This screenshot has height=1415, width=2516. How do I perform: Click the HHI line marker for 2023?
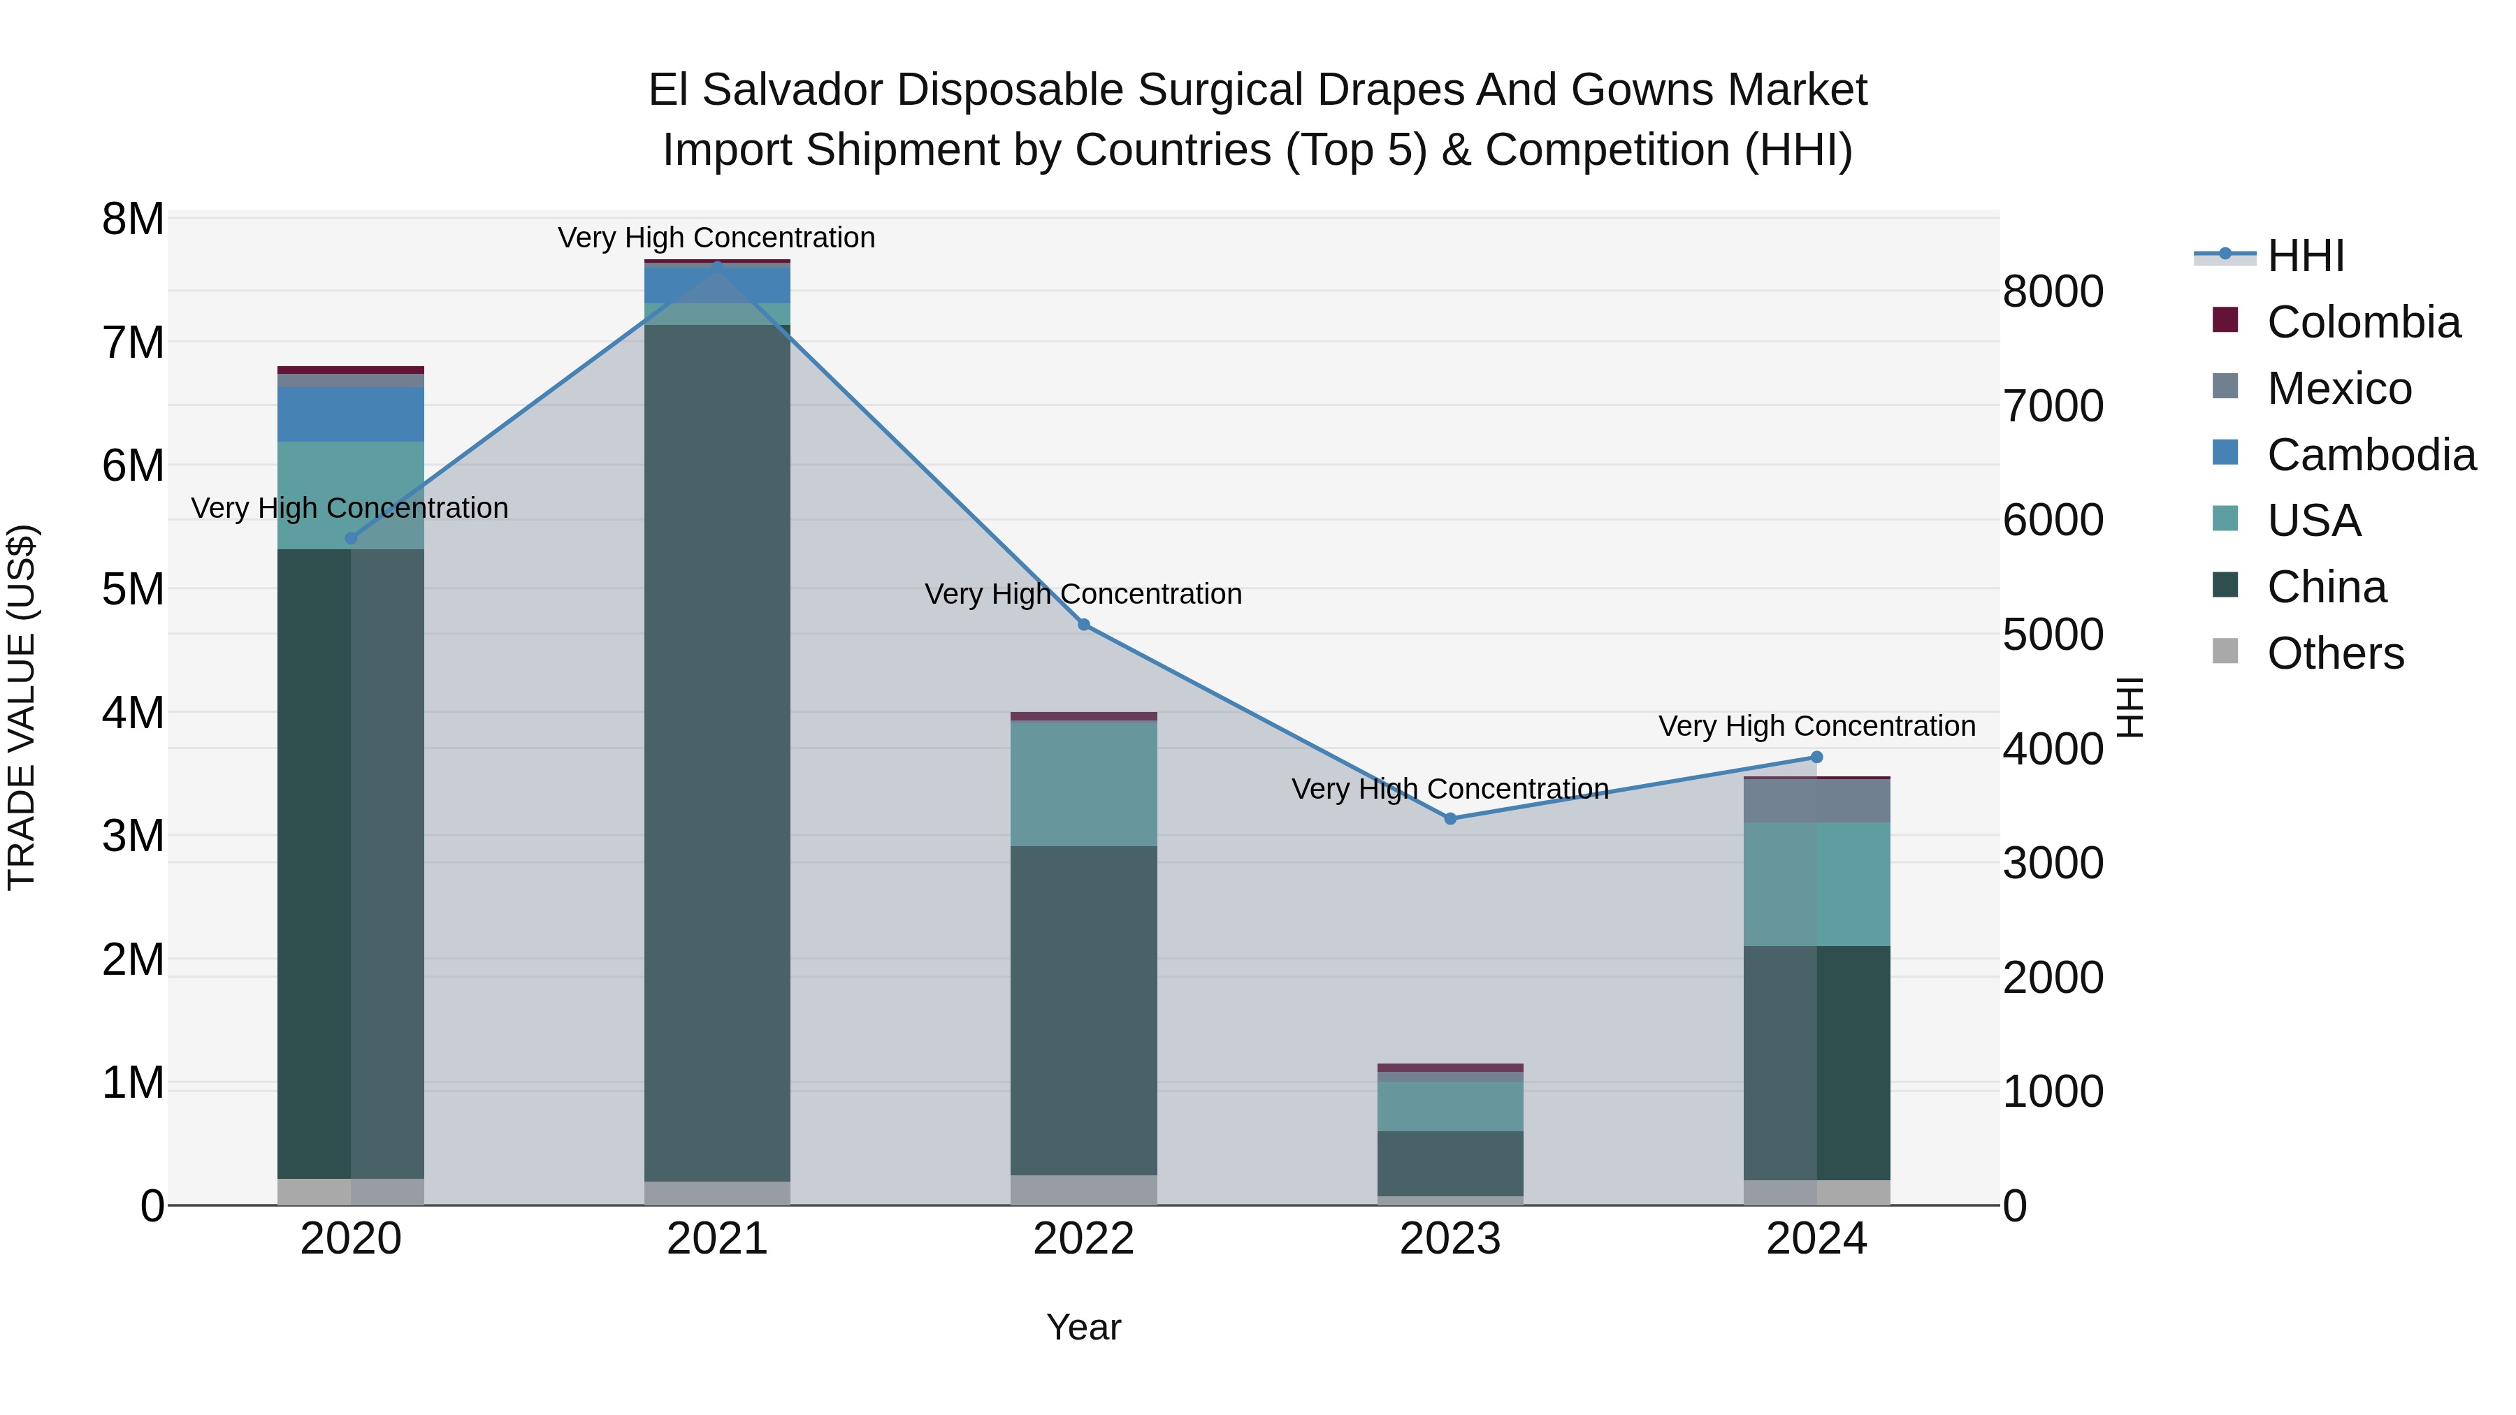pyautogui.click(x=1449, y=818)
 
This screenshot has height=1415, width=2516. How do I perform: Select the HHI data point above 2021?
pyautogui.click(x=717, y=263)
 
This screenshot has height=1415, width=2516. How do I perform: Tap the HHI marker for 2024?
pyautogui.click(x=1816, y=757)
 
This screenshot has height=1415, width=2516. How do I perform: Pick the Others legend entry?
pyautogui.click(x=2334, y=653)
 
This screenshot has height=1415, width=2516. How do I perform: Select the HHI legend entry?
pyautogui.click(x=2305, y=256)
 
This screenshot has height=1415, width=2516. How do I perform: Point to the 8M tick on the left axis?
pyautogui.click(x=133, y=219)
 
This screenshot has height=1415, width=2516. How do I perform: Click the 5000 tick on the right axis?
pyautogui.click(x=2052, y=634)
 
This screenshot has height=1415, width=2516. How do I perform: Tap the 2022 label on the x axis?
pyautogui.click(x=1083, y=1239)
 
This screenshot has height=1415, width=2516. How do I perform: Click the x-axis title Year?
pyautogui.click(x=1083, y=1327)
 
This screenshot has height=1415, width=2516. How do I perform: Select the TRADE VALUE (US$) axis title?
pyautogui.click(x=22, y=707)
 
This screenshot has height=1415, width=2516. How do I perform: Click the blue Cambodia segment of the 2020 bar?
pyautogui.click(x=351, y=414)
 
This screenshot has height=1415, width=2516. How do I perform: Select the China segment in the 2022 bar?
pyautogui.click(x=1083, y=1010)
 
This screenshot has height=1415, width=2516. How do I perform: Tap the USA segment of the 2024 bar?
pyautogui.click(x=1816, y=884)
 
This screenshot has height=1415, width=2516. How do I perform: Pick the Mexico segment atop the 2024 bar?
pyautogui.click(x=1816, y=801)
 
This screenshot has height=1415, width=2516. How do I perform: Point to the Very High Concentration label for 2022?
pyautogui.click(x=1083, y=594)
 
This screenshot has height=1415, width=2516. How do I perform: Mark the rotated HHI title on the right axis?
pyautogui.click(x=2130, y=707)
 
